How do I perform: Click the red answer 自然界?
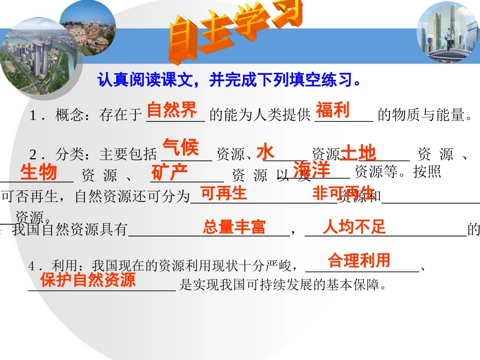click(172, 110)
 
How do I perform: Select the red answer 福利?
click(333, 110)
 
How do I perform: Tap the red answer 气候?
click(180, 147)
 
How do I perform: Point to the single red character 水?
click(265, 151)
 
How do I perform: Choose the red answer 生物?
click(38, 172)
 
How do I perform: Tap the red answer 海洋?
click(312, 170)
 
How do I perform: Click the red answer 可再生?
click(223, 193)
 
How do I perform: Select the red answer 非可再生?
click(344, 193)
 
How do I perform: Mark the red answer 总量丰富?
click(234, 227)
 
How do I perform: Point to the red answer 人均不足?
click(354, 227)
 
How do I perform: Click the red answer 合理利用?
click(359, 261)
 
